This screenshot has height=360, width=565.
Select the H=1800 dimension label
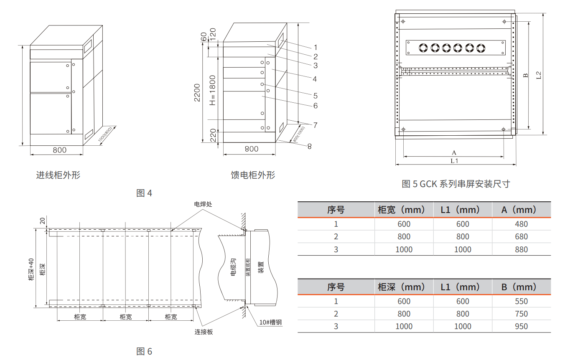coord(212,90)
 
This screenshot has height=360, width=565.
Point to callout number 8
coord(309,146)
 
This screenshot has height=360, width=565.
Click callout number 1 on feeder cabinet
coord(316,47)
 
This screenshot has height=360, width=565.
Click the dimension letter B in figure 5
coord(526,76)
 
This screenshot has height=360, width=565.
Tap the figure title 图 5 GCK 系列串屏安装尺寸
coord(456,184)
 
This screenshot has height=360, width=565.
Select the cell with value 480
coord(521,224)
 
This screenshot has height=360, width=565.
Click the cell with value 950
coord(521,326)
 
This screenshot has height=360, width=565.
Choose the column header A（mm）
coord(521,210)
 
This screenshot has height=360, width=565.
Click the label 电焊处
coord(203,204)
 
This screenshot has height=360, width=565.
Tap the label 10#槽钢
coord(270,322)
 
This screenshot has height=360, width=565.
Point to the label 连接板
coord(204,332)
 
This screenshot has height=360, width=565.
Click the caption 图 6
coord(145,351)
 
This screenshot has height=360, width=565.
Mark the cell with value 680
coord(521,237)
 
